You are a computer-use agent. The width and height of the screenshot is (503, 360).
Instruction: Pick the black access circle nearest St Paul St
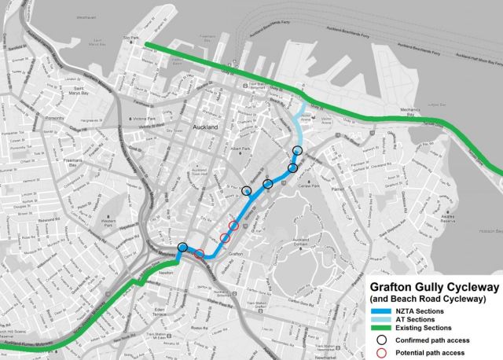point(247,191)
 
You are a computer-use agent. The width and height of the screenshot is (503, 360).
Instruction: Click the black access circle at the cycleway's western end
point(182,248)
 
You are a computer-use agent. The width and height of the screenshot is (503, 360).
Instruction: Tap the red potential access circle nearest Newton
point(200,253)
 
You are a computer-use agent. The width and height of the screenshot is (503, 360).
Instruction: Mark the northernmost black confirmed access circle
point(297,150)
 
